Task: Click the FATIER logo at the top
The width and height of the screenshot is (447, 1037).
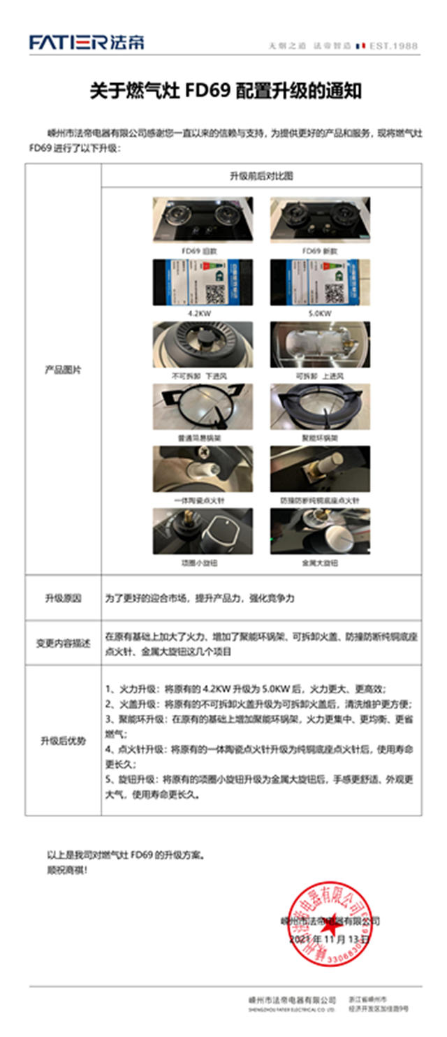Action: tap(87, 43)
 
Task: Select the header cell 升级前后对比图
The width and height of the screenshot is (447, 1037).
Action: tap(261, 175)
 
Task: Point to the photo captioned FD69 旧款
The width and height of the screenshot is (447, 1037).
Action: tap(203, 219)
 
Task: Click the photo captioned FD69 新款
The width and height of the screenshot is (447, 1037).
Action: tap(320, 219)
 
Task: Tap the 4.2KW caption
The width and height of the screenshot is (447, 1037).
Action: tap(203, 313)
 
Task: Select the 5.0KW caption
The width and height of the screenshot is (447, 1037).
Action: tap(320, 313)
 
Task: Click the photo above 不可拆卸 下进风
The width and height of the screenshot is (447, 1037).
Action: tap(203, 343)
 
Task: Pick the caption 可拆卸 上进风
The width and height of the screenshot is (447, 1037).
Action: tap(320, 376)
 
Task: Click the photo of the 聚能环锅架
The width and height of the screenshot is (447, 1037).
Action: tap(320, 407)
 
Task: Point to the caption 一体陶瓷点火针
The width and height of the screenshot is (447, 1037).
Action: tap(203, 500)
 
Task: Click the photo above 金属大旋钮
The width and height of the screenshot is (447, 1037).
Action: tap(320, 531)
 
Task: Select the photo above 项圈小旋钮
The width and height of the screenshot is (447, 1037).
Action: tap(203, 531)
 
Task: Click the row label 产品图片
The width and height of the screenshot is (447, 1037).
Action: tap(63, 370)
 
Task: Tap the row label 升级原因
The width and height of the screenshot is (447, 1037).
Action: tap(63, 598)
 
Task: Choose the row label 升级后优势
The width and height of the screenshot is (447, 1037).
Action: tap(63, 741)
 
